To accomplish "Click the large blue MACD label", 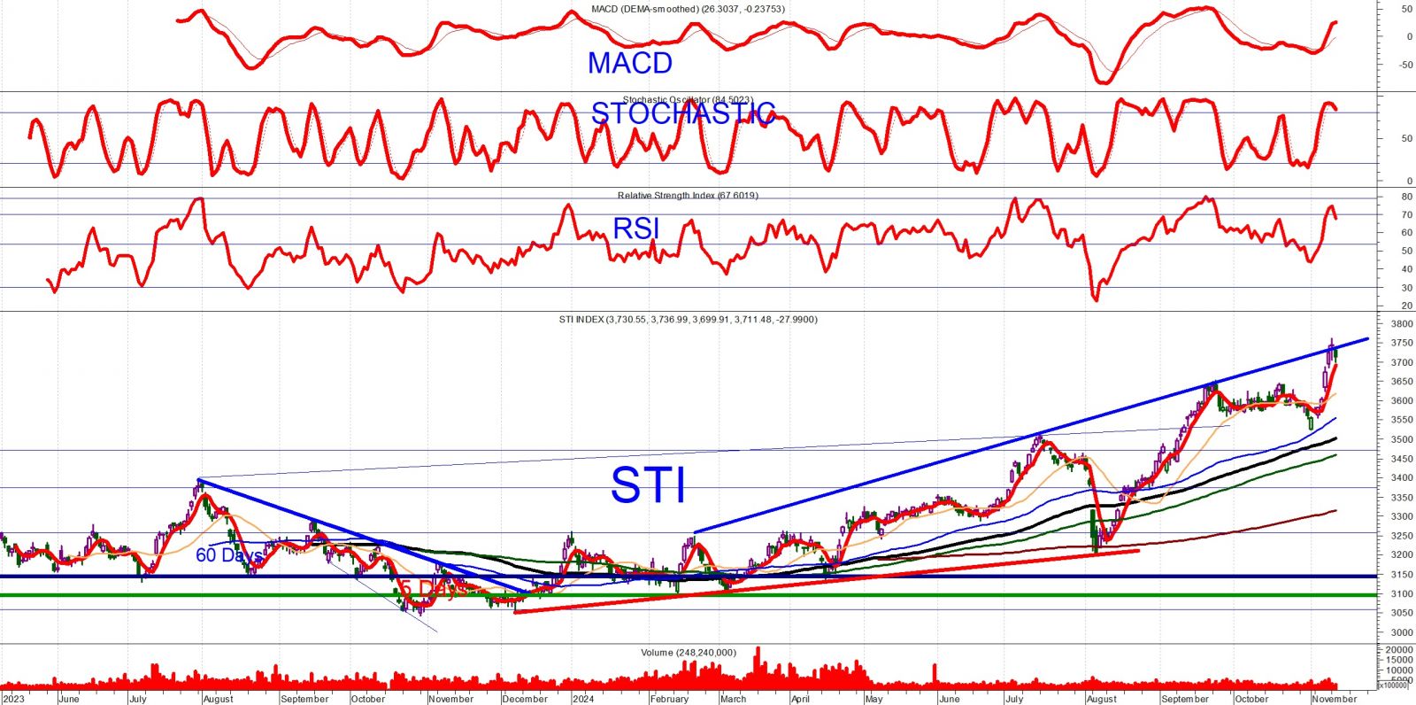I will click(630, 63).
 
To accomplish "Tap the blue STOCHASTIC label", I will click(682, 113).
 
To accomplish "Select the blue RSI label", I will click(636, 229).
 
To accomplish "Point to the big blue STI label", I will click(649, 485).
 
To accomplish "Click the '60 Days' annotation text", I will click(227, 555).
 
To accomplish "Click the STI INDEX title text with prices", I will click(688, 320).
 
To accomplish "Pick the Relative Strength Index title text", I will click(688, 196).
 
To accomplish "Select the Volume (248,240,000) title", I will click(688, 653).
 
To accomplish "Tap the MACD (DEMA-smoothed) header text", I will click(688, 10).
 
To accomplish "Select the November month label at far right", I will click(1334, 699).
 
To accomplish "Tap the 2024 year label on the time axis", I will click(582, 699).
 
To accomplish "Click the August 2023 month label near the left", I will click(218, 699).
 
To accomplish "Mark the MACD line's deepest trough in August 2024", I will click(1103, 83).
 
